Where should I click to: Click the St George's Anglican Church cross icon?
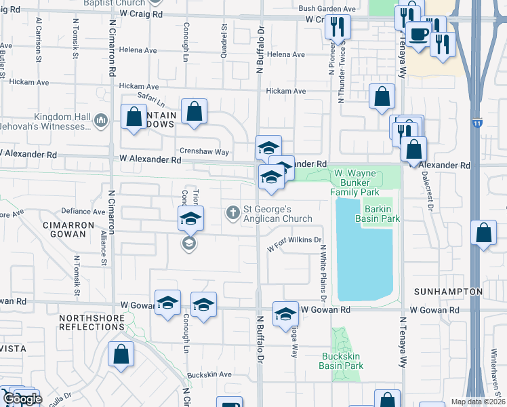pyautogui.click(x=232, y=213)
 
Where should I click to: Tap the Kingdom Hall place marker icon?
pyautogui.click(x=102, y=121)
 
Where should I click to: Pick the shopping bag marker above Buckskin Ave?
pyautogui.click(x=121, y=353)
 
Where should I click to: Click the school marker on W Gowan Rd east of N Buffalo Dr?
pyautogui.click(x=286, y=313)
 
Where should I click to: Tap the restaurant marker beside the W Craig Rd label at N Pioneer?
pyautogui.click(x=337, y=26)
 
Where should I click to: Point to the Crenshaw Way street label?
pyautogui.click(x=204, y=152)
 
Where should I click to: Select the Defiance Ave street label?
pyautogui.click(x=83, y=211)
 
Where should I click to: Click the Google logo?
pyautogui.click(x=22, y=399)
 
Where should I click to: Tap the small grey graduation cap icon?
pyautogui.click(x=189, y=243)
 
